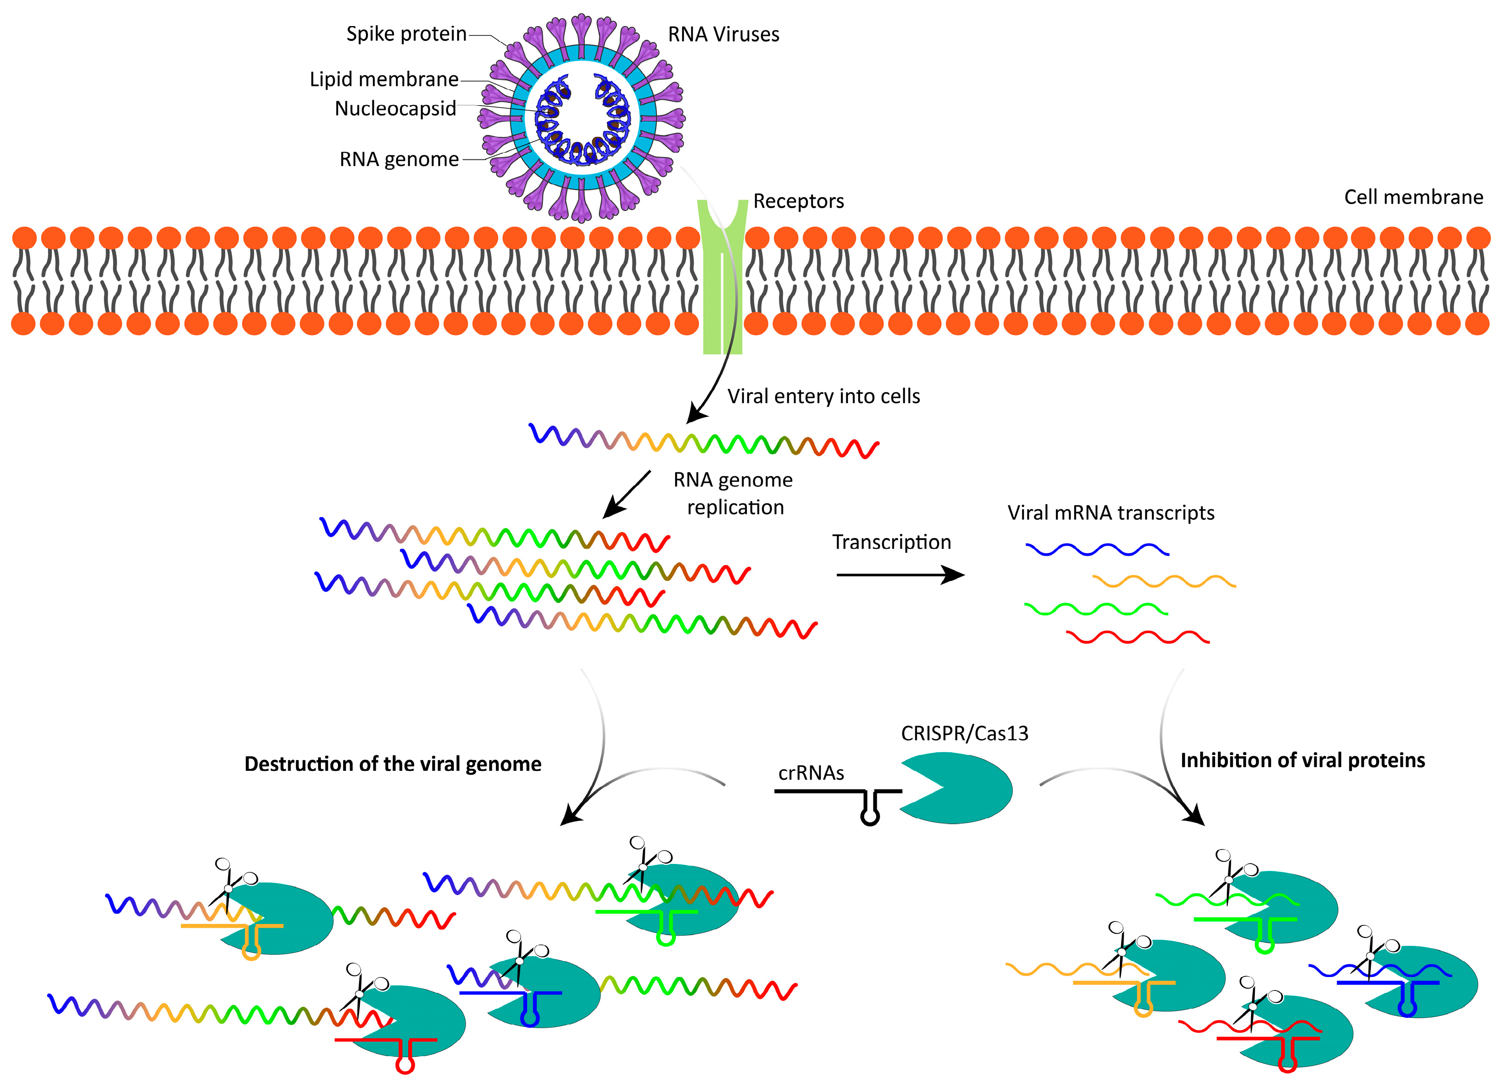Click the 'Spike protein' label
pyautogui.click(x=406, y=34)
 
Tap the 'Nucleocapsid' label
pyautogui.click(x=395, y=108)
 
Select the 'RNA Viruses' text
pyautogui.click(x=723, y=34)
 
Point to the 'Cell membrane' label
pyautogui.click(x=1413, y=197)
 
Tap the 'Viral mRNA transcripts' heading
pyautogui.click(x=1110, y=512)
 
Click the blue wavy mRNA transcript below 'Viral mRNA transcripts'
pyautogui.click(x=1096, y=549)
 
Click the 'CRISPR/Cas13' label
pyautogui.click(x=964, y=734)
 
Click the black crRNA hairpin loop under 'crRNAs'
pyautogui.click(x=870, y=815)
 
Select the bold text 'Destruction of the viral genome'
pyautogui.click(x=392, y=764)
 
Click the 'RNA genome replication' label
pyautogui.click(x=733, y=493)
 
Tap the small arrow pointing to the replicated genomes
pyautogui.click(x=627, y=494)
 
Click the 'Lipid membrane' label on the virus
pyautogui.click(x=384, y=80)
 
